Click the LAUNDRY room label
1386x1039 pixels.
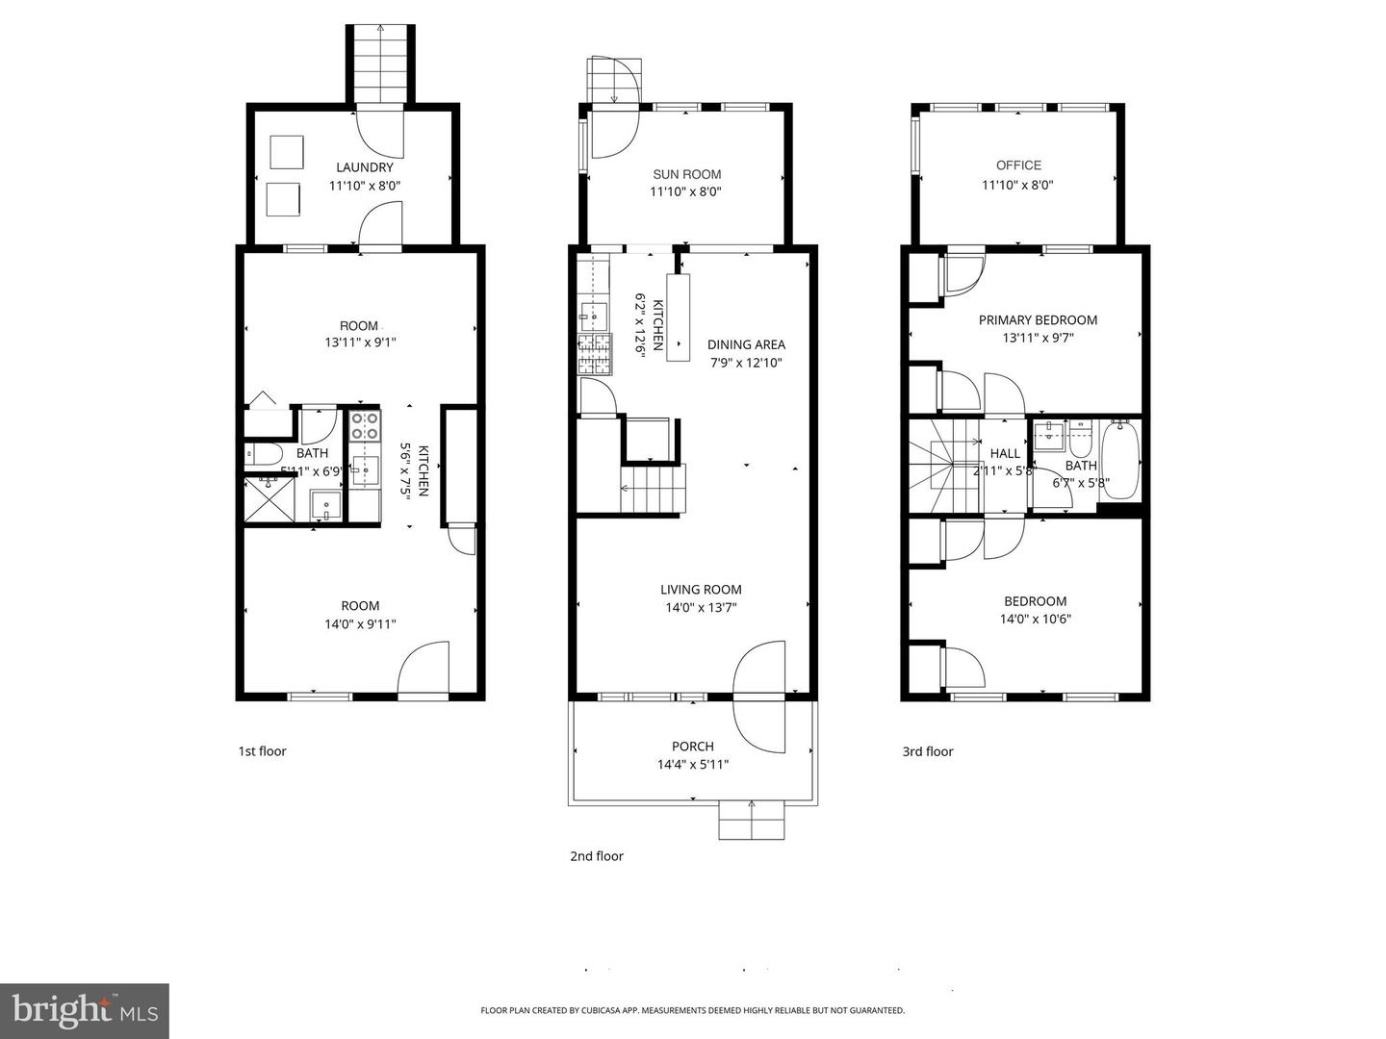[364, 167]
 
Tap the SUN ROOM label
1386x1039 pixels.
[686, 174]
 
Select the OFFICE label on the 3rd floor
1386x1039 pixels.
[1018, 165]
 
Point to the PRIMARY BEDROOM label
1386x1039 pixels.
[1038, 320]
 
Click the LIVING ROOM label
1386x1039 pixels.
[701, 590]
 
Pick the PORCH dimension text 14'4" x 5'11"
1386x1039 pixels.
[692, 765]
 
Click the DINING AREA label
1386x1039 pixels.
[746, 344]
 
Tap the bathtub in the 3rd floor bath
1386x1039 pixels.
[1119, 461]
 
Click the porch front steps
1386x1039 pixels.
[751, 821]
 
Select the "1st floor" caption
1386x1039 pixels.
[262, 751]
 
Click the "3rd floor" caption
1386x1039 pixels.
[927, 751]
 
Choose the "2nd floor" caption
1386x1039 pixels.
[596, 856]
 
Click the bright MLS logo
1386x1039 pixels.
[85, 1010]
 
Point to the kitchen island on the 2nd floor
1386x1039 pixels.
[678, 317]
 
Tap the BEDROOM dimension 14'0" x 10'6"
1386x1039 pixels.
[1035, 620]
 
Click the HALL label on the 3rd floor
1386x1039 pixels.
[1005, 453]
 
